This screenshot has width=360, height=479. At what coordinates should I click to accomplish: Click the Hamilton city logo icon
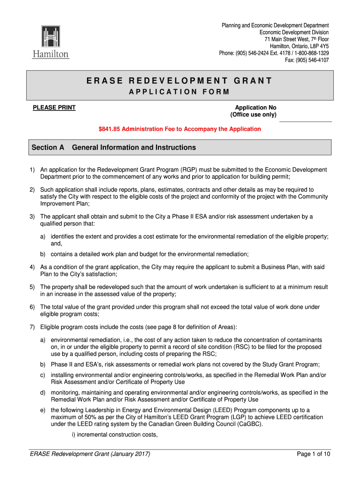pyautogui.click(x=50, y=38)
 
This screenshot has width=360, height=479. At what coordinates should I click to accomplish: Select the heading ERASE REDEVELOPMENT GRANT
pyautogui.click(x=179, y=81)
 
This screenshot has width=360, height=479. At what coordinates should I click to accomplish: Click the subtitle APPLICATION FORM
pyautogui.click(x=179, y=92)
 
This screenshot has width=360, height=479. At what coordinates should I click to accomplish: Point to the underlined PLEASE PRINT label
pyautogui.click(x=54, y=108)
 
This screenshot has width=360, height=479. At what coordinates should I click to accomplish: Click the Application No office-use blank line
pyautogui.click(x=305, y=121)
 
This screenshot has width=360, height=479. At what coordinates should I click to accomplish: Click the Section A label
pyautogui.click(x=48, y=148)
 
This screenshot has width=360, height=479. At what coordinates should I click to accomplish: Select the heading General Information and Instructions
pyautogui.click(x=134, y=148)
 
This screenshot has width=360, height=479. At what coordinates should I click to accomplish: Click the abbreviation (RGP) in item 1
pyautogui.click(x=192, y=169)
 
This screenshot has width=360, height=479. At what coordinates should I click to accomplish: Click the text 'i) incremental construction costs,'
pyautogui.click(x=111, y=435)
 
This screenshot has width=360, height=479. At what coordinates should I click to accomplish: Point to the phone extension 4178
pyautogui.click(x=285, y=53)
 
